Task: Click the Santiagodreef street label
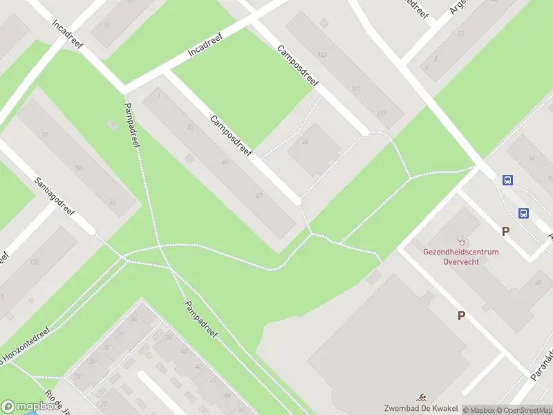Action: [55, 196]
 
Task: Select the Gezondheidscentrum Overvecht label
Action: [461, 257]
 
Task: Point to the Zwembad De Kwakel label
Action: [423, 407]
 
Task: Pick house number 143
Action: [321, 55]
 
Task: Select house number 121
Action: [356, 89]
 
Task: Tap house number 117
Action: [381, 113]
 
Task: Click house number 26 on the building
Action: [305, 142]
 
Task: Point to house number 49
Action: [225, 162]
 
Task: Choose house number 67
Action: [259, 195]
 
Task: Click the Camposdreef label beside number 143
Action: [297, 66]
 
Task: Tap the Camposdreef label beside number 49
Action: [231, 133]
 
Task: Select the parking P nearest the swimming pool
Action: [461, 315]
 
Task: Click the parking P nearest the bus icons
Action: [505, 232]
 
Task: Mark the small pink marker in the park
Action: [112, 125]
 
